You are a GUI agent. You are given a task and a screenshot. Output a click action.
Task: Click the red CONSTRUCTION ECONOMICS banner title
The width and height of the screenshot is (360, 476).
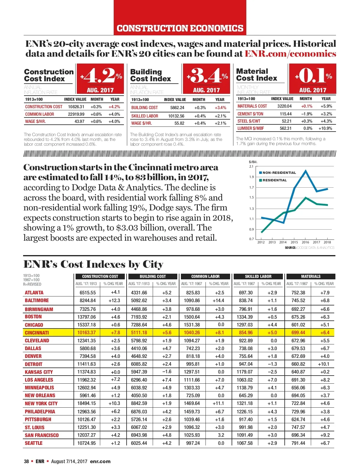pyautogui.click(x=180, y=28)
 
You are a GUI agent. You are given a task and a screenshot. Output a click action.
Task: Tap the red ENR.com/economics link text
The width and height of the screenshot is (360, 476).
pyautogui.click(x=290, y=54)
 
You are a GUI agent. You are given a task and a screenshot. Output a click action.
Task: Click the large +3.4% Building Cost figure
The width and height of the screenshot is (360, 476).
pyautogui.click(x=207, y=76)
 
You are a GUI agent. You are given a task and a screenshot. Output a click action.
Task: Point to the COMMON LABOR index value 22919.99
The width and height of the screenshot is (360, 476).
pyautogui.click(x=76, y=114)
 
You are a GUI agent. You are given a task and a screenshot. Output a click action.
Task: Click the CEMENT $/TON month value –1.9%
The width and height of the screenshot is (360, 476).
pyautogui.click(x=307, y=114)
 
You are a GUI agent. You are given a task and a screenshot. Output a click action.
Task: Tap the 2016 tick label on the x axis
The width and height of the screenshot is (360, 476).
pyautogui.click(x=305, y=242)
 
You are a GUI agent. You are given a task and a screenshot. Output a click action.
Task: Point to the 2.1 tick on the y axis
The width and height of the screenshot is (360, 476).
pyautogui.click(x=251, y=166)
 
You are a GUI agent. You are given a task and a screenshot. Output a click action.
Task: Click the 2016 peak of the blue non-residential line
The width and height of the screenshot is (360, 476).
pyautogui.click(x=306, y=171)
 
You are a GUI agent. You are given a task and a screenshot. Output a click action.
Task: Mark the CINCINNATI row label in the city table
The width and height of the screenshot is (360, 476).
pyautogui.click(x=37, y=333)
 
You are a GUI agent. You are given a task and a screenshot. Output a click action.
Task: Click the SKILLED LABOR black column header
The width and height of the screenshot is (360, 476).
pyautogui.click(x=258, y=276)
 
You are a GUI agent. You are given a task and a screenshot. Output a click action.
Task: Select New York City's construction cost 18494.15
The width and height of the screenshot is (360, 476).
pyautogui.click(x=86, y=403)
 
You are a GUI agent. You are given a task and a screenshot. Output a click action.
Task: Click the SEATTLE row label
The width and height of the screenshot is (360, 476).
pyautogui.click(x=34, y=443)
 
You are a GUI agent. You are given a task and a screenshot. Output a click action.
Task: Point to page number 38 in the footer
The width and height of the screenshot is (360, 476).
pyautogui.click(x=26, y=461)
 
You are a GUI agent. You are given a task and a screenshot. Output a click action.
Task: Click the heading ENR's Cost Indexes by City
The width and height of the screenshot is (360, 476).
pyautogui.click(x=93, y=264)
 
